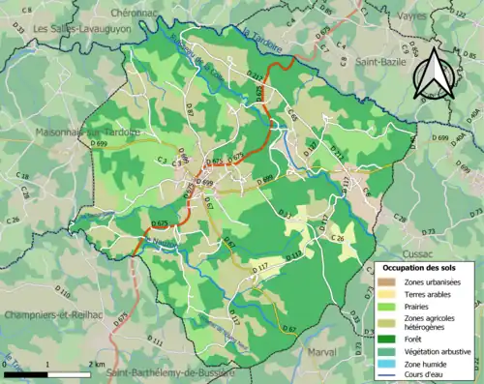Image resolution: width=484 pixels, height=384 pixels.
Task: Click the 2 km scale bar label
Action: tap(95, 364)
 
